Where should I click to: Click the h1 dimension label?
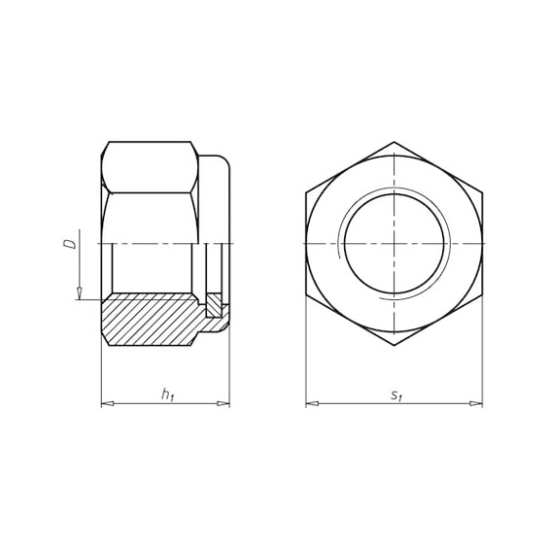168,394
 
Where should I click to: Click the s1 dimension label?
397,395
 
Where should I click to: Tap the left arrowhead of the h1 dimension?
108,404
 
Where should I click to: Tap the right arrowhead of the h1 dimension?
224,404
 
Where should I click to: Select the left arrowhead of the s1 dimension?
312,404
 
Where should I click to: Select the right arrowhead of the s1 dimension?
476,404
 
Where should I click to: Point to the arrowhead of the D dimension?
79,293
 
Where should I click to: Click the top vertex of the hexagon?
394,142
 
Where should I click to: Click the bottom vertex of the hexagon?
394,345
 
